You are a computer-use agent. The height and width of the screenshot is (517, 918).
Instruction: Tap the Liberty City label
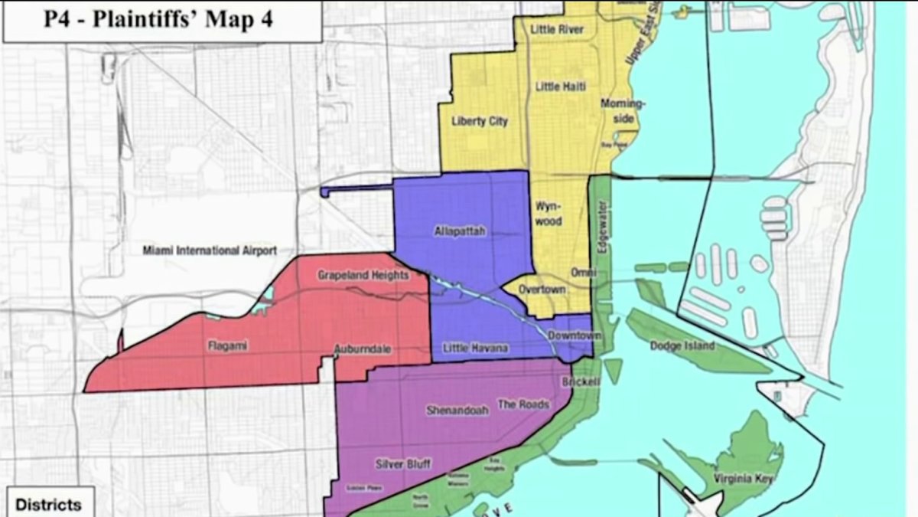click(480, 121)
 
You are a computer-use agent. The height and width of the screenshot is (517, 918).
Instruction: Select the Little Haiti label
click(560, 87)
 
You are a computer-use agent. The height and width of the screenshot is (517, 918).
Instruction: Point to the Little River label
click(557, 30)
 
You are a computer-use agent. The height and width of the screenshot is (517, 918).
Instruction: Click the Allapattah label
click(460, 232)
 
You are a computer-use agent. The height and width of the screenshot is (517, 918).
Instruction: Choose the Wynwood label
click(549, 214)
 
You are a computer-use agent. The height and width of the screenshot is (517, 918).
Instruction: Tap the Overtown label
click(542, 290)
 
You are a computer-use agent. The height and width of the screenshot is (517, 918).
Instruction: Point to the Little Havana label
click(475, 349)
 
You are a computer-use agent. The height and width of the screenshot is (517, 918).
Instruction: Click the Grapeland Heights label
click(363, 275)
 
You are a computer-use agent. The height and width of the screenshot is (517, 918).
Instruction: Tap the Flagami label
click(227, 345)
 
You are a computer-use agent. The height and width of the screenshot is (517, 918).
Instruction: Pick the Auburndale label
click(363, 349)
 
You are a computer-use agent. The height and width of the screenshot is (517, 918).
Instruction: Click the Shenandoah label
click(457, 411)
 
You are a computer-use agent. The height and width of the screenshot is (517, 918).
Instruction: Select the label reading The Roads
click(523, 404)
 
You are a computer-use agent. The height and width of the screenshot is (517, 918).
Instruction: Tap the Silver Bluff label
click(403, 464)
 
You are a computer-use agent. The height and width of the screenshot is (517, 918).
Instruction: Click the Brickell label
click(582, 381)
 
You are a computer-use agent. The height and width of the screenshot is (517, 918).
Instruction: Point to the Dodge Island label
click(682, 345)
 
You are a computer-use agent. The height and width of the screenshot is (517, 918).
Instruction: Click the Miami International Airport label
click(209, 250)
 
